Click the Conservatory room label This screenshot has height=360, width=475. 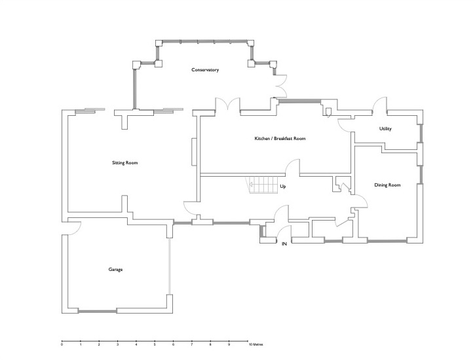(205, 70)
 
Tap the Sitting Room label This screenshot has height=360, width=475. (124, 163)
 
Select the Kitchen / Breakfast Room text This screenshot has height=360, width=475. (280, 139)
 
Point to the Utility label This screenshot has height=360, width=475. (385, 129)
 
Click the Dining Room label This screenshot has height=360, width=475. (387, 185)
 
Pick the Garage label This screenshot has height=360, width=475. (115, 270)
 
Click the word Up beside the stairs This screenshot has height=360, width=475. (282, 187)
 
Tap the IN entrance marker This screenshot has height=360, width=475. (284, 243)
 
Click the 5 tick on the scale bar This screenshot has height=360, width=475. (155, 342)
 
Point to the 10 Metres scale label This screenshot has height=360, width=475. (256, 344)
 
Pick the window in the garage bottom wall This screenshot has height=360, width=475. (98, 311)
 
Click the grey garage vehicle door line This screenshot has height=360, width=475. (170, 266)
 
